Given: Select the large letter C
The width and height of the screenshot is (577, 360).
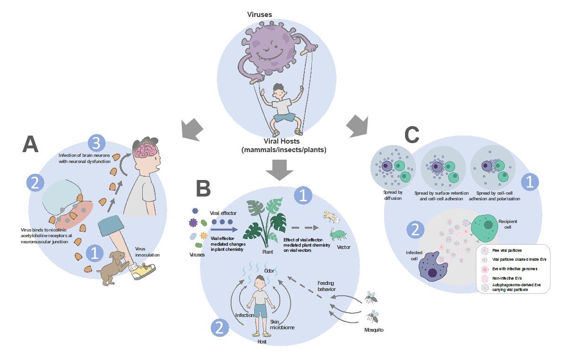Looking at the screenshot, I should click(x=412, y=135).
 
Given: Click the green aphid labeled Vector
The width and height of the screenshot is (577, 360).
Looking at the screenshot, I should click(x=337, y=233).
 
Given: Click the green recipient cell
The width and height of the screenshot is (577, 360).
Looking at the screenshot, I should click(x=484, y=228).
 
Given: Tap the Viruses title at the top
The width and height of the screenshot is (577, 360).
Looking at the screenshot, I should click(x=259, y=15).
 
